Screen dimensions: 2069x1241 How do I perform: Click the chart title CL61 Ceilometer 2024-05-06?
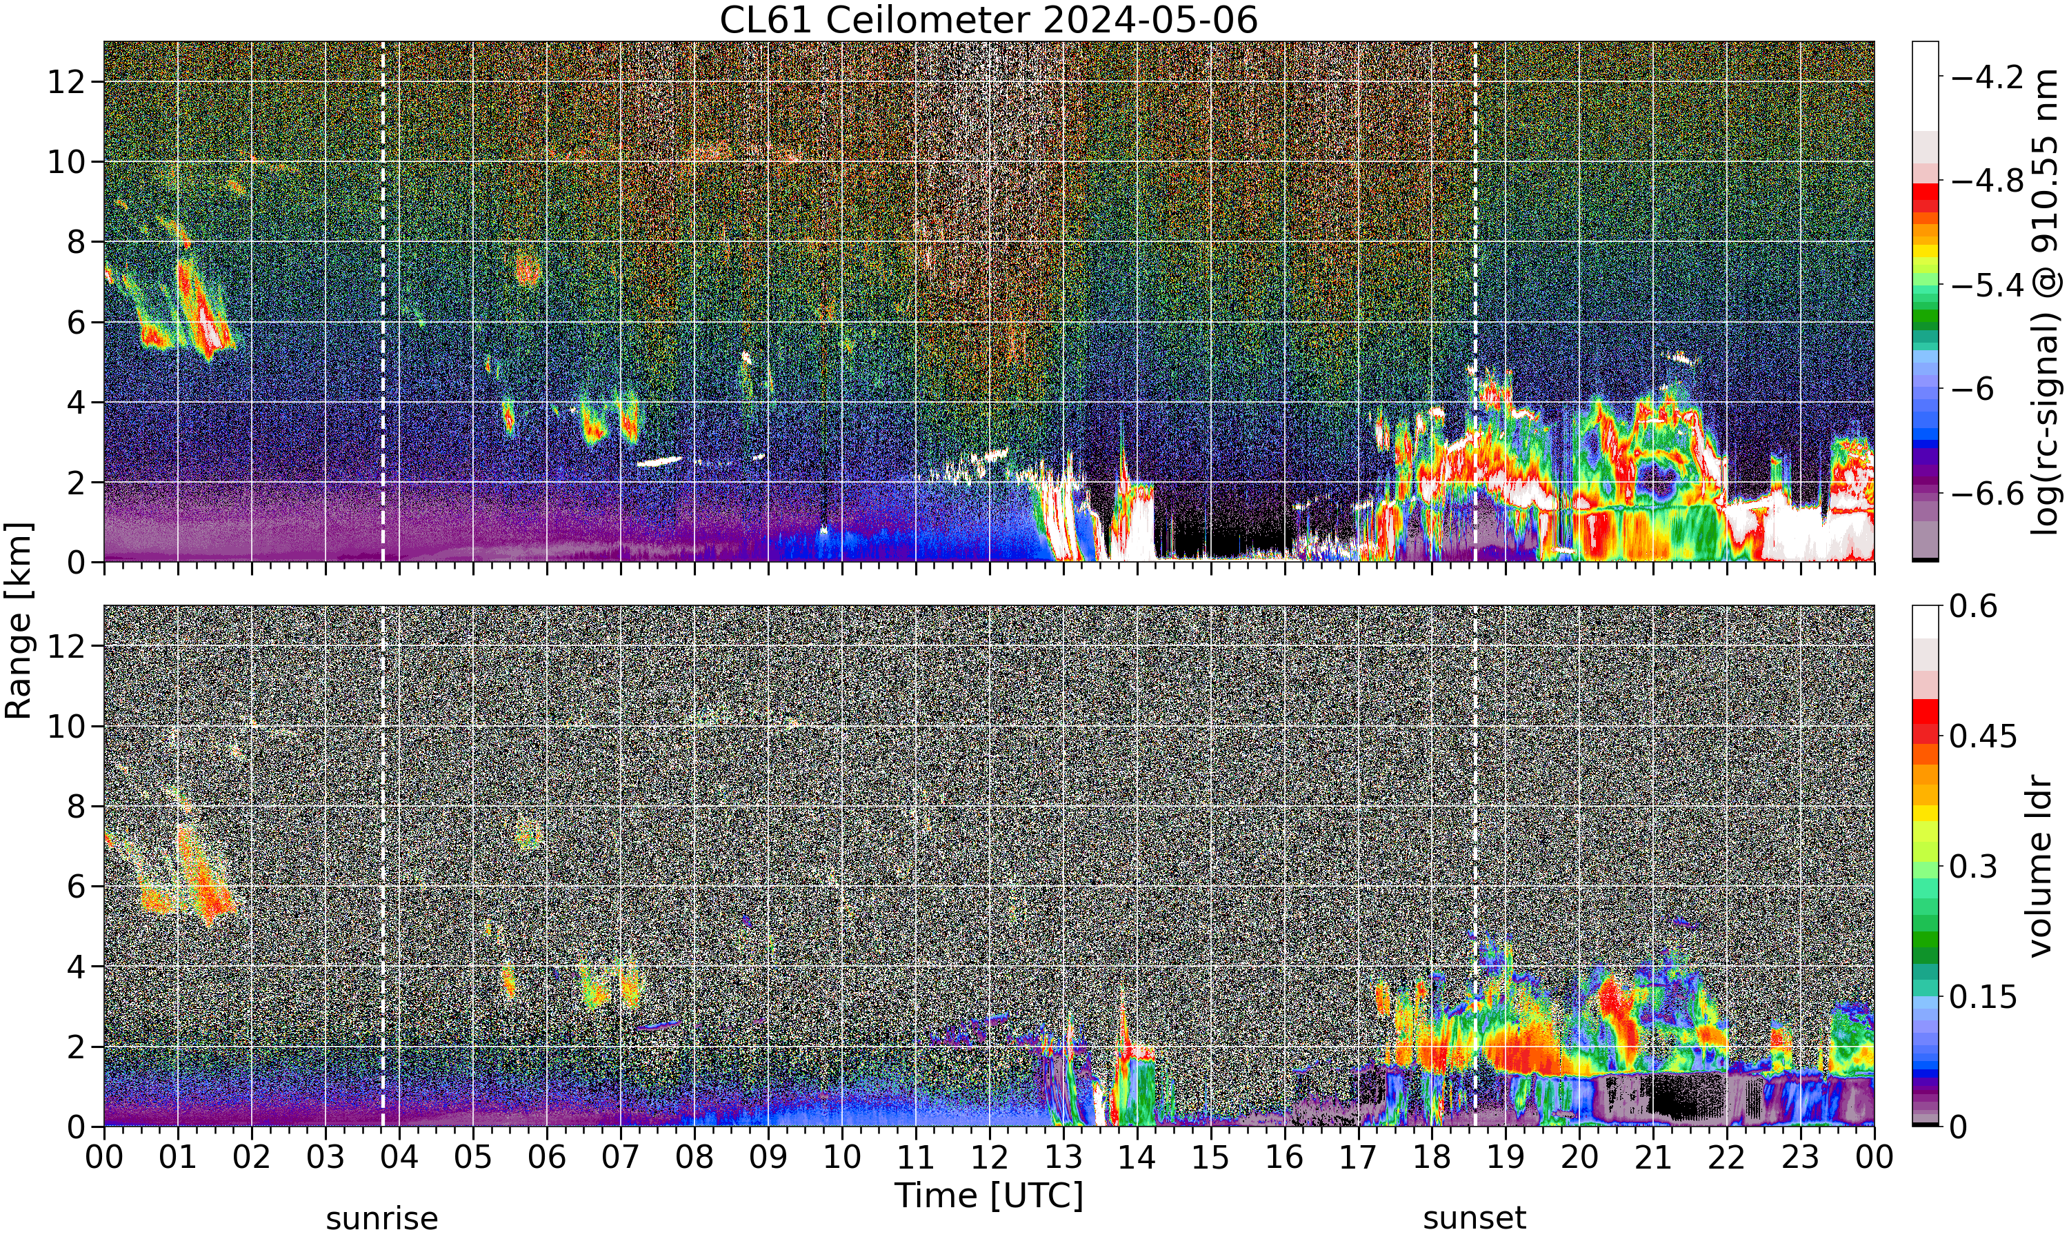988,20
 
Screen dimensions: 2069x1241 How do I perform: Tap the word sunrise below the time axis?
382,1218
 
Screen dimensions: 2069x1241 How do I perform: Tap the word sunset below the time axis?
1475,1218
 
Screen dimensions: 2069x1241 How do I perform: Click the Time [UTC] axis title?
988,1196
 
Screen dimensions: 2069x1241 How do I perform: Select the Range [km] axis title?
19,620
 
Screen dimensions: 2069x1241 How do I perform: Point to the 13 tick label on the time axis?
1063,1158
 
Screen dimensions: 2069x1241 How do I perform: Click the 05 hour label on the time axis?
472,1158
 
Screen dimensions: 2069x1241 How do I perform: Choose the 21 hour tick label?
1652,1158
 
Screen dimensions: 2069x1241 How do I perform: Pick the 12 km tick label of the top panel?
66,82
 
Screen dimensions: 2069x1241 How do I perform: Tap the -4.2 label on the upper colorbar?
1986,77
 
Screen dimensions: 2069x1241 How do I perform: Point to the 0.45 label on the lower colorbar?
1983,736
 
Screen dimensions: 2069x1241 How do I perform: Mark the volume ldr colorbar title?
2041,867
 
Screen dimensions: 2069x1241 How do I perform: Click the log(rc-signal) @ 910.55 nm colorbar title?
2046,302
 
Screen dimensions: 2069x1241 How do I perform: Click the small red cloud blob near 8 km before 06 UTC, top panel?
528,270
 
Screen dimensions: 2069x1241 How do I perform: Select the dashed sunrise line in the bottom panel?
382,867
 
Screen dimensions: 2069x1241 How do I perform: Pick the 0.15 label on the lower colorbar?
1983,997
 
